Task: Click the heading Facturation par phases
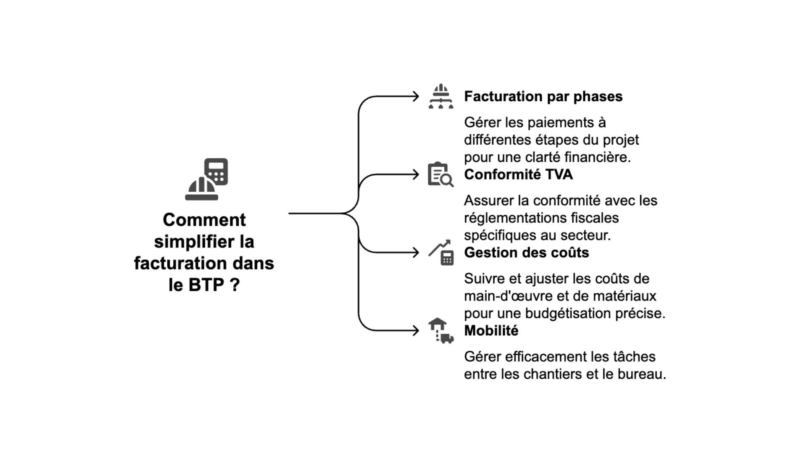(543, 97)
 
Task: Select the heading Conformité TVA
(518, 174)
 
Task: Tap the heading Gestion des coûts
(526, 253)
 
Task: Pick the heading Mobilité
(491, 331)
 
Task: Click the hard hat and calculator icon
(206, 179)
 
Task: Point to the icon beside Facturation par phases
(440, 96)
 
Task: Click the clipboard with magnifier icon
(440, 174)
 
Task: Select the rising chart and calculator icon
(441, 252)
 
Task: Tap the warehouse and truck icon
(440, 330)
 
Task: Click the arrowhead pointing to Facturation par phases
(416, 96)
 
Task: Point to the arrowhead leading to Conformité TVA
(416, 174)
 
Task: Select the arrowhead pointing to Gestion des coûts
(416, 252)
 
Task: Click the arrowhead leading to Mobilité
(416, 330)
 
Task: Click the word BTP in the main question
(206, 285)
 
